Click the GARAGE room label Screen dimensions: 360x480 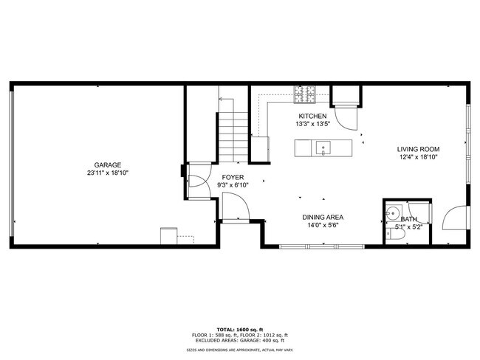pyautogui.click(x=108, y=165)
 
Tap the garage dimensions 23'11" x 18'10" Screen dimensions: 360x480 pyautogui.click(x=108, y=173)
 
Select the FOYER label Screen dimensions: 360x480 pyautogui.click(x=234, y=177)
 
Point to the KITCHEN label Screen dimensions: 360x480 pyautogui.click(x=312, y=117)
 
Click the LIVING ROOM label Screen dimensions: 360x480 pyautogui.click(x=419, y=148)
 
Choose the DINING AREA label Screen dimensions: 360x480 pyautogui.click(x=323, y=217)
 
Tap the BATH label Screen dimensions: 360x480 pyautogui.click(x=408, y=219)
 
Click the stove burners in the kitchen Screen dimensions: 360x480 pyautogui.click(x=305, y=94)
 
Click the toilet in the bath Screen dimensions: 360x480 pyautogui.click(x=391, y=233)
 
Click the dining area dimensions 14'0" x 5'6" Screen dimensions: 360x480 pyautogui.click(x=323, y=226)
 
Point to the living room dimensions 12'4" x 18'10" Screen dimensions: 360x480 pyautogui.click(x=419, y=156)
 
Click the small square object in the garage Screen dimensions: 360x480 pyautogui.click(x=169, y=236)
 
